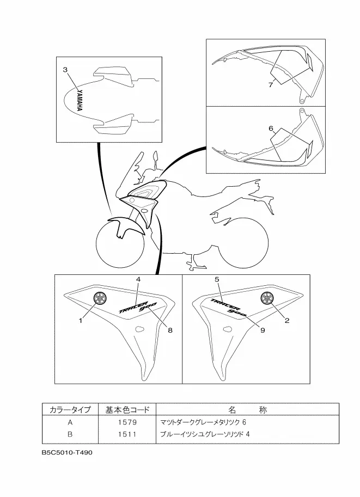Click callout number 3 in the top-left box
point(65,70)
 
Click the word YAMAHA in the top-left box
point(79,101)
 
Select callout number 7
point(270,85)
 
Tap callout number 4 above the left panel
point(138,279)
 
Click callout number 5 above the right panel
point(217,279)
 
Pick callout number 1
point(80,321)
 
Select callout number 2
point(286,321)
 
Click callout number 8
point(170,330)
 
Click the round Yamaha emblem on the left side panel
point(100,297)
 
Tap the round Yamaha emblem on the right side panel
point(267,297)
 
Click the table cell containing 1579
point(125,422)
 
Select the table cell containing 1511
point(125,434)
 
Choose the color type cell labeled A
point(70,422)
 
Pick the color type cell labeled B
point(70,434)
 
